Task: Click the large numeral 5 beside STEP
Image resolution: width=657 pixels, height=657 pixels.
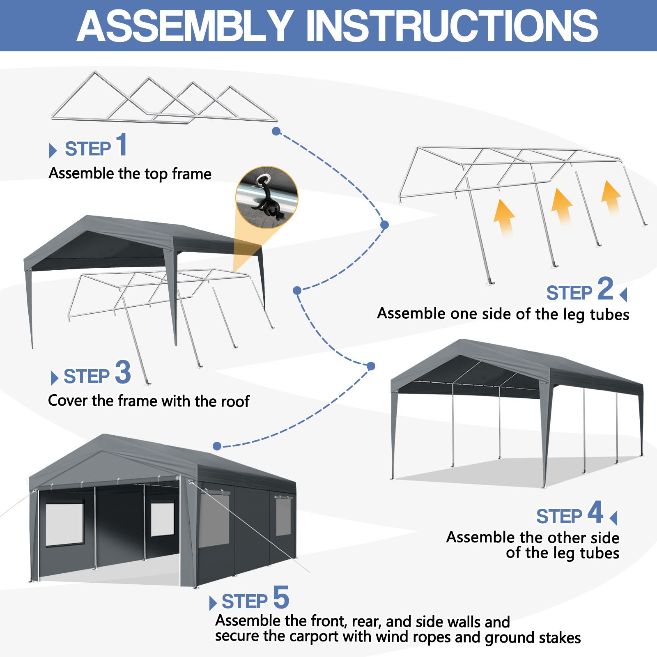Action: pos(281,597)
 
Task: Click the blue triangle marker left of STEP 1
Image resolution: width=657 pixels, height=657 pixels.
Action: pos(53,150)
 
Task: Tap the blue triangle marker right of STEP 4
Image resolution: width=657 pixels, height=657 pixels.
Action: pos(614,518)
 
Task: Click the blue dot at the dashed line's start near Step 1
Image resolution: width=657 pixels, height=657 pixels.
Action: pos(276,131)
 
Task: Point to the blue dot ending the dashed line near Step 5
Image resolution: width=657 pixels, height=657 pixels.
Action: pos(217,446)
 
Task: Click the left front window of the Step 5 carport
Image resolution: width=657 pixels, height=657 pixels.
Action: pos(64,524)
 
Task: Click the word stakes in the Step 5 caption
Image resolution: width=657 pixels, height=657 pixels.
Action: pos(560,638)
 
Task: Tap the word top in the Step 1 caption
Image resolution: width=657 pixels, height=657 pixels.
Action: pos(156,174)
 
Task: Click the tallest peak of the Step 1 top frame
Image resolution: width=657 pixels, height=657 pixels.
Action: pos(95,73)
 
